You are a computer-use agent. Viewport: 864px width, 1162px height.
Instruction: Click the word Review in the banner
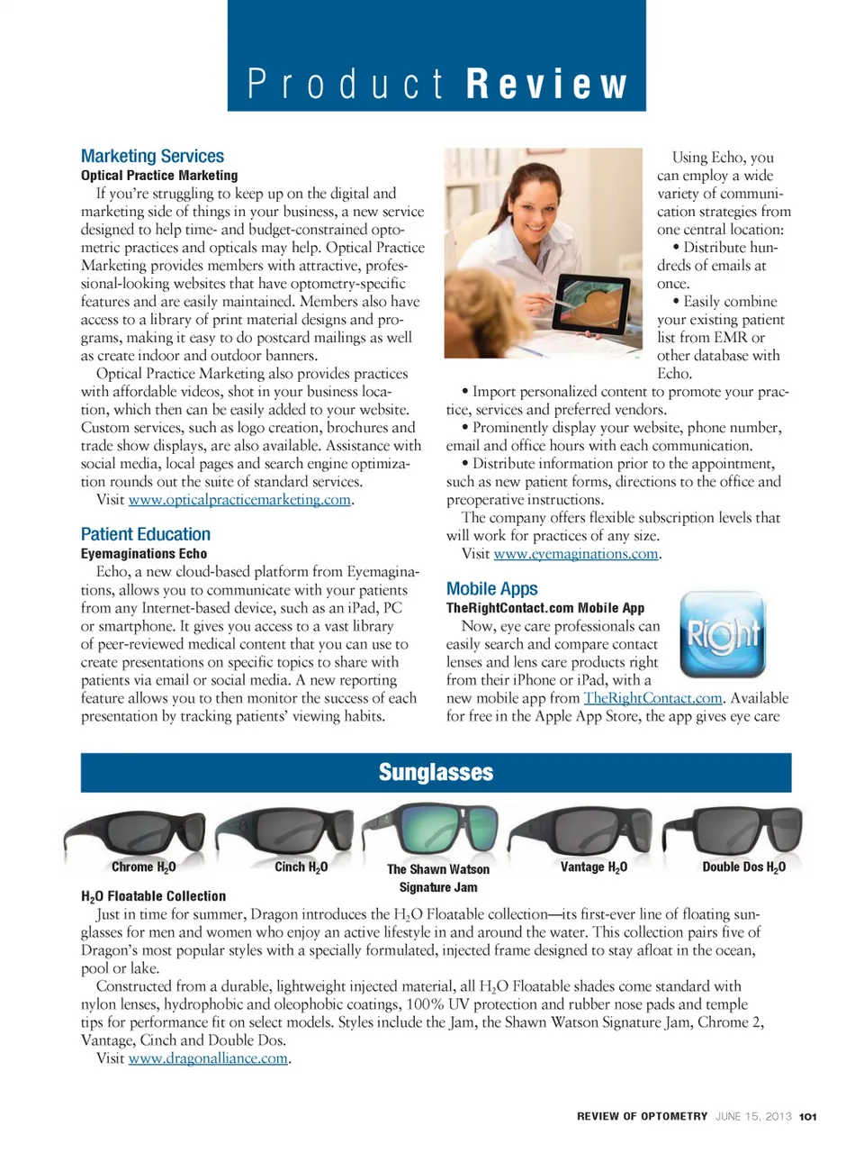pyautogui.click(x=546, y=85)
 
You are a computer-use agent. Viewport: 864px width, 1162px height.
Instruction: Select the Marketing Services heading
pyautogui.click(x=152, y=157)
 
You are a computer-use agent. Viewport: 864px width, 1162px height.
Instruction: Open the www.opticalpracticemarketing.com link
pyautogui.click(x=239, y=500)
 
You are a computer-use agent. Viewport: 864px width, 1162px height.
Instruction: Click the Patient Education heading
pyautogui.click(x=146, y=534)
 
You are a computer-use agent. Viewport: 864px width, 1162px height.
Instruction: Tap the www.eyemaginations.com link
pyautogui.click(x=576, y=554)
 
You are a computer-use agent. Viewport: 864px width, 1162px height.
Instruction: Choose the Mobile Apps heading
pyautogui.click(x=492, y=589)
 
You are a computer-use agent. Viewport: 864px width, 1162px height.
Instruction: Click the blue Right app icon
pyautogui.click(x=723, y=634)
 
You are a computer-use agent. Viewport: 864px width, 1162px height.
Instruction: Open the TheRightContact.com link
pyautogui.click(x=652, y=698)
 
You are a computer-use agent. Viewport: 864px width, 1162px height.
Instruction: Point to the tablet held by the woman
pyautogui.click(x=590, y=304)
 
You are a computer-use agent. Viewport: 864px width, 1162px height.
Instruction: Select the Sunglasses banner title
pyautogui.click(x=436, y=773)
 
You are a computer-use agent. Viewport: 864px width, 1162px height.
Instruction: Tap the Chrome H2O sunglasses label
pyautogui.click(x=143, y=867)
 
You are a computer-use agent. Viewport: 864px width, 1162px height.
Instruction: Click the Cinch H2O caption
pyautogui.click(x=301, y=867)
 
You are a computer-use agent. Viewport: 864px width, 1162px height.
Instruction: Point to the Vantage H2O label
pyautogui.click(x=593, y=867)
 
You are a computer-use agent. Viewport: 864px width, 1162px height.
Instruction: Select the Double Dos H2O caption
pyautogui.click(x=743, y=867)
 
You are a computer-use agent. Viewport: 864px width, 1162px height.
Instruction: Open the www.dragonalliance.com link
pyautogui.click(x=208, y=1058)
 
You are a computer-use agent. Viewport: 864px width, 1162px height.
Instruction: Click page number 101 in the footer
pyautogui.click(x=807, y=1117)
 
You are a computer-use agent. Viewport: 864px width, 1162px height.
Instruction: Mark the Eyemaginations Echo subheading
pyautogui.click(x=144, y=554)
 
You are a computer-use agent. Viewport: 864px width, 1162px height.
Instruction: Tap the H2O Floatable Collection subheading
pyautogui.click(x=153, y=896)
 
